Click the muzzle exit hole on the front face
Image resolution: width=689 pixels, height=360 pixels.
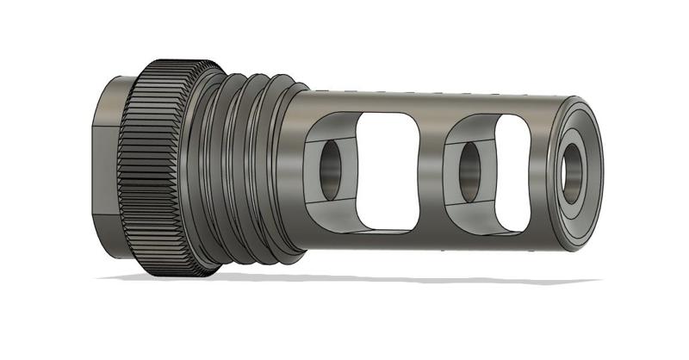click(573, 169)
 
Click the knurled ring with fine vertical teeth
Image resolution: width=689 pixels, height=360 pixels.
click(159, 168)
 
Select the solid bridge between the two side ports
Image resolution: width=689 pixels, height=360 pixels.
click(431, 168)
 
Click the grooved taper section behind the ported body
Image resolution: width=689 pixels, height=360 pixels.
click(250, 168)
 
